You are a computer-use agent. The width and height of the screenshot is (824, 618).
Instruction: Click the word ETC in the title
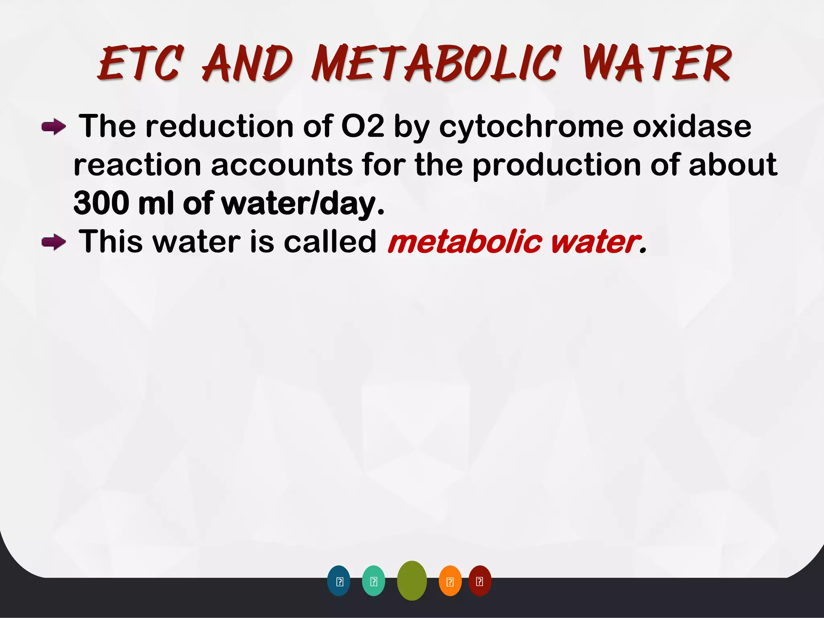141,64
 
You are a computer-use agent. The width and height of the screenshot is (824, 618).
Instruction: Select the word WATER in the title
657,64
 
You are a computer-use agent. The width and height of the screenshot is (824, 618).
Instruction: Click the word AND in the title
247,64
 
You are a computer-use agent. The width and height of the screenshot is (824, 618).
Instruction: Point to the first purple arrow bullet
54,128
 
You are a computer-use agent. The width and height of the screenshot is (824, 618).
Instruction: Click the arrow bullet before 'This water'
54,243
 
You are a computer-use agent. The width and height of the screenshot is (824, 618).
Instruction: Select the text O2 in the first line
362,126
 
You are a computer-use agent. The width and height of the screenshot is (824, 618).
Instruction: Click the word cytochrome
531,127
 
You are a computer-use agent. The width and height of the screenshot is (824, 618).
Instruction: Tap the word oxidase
692,126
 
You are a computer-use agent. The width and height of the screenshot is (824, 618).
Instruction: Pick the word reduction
219,126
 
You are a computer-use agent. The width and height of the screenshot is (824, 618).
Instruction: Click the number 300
101,204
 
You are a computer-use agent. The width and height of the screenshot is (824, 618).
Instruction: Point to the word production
556,165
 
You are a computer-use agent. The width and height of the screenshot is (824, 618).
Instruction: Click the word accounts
282,165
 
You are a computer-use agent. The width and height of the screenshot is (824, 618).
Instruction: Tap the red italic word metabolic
464,242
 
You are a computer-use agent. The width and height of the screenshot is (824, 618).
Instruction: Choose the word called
330,242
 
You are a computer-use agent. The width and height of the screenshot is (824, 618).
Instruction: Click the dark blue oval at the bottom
339,581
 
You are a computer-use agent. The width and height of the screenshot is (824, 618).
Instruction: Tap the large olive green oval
412,581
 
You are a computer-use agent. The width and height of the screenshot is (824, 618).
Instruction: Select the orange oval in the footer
450,581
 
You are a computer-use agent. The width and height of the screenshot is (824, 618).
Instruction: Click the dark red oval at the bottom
480,581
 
